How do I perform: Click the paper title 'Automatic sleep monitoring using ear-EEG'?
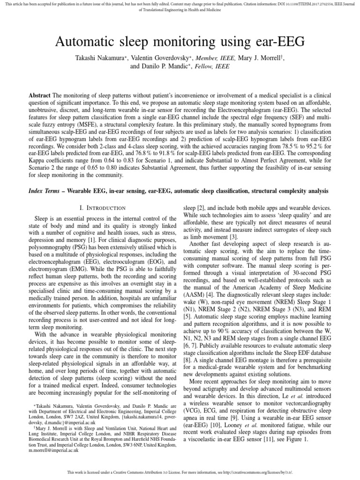click(x=180, y=43)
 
